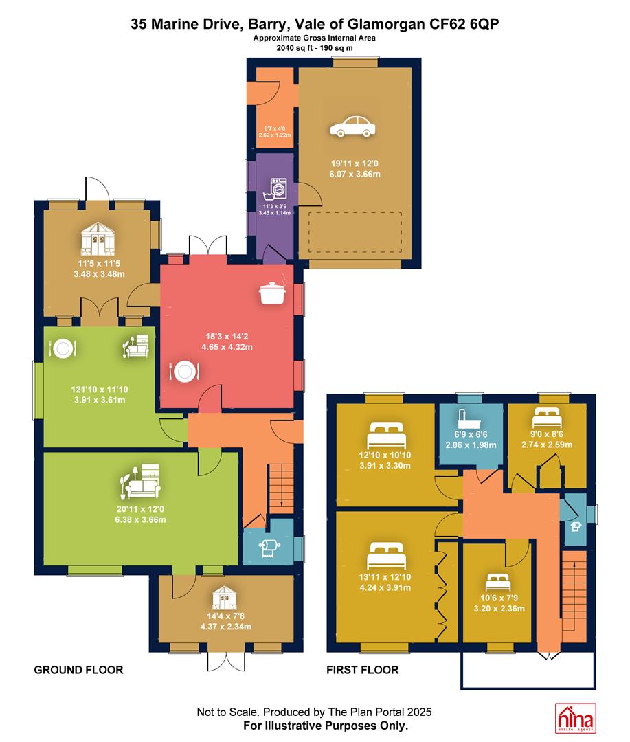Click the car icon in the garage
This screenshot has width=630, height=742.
[x=352, y=126]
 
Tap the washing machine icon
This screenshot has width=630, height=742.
[x=275, y=190]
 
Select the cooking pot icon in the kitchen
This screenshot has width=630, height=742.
[x=273, y=291]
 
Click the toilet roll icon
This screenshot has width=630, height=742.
[x=269, y=548]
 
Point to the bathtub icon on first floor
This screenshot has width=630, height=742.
[x=471, y=418]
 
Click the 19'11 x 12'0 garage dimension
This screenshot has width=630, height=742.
[x=355, y=164]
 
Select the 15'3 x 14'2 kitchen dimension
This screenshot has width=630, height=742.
[x=227, y=337]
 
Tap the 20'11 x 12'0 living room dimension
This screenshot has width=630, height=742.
[x=141, y=509]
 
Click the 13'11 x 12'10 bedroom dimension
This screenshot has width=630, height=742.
[x=385, y=577]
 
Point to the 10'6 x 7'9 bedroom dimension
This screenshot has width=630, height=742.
[x=499, y=598]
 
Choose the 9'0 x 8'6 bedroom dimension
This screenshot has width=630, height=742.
[x=547, y=434]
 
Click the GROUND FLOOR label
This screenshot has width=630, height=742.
[x=78, y=670]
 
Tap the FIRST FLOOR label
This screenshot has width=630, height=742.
[x=363, y=670]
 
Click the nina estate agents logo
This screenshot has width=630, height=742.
[x=575, y=718]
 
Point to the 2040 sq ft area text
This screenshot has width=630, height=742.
[x=295, y=48]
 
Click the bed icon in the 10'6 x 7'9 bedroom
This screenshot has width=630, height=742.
[x=498, y=582]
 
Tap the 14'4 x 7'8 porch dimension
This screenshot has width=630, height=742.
[x=225, y=616]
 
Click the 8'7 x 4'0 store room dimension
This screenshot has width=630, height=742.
[x=275, y=128]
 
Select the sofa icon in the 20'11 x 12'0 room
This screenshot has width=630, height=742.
[x=141, y=482]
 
